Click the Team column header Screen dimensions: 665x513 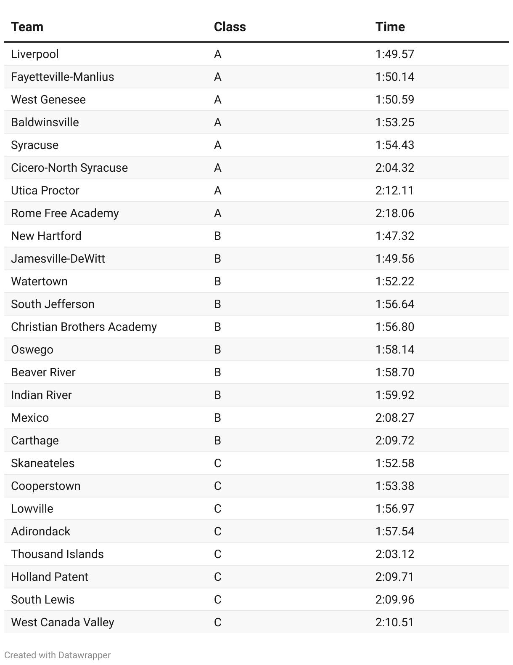pos(27,27)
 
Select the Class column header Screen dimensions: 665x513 pos(230,27)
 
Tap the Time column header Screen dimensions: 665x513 pos(390,27)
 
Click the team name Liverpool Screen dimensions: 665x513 pos(35,54)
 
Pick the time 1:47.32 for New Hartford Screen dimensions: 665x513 pos(394,236)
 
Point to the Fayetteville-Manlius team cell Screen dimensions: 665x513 pos(63,77)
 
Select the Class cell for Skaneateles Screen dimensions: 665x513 pos(217,463)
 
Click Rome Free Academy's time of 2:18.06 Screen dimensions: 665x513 pos(394,213)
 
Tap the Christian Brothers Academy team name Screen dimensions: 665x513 pos(84,327)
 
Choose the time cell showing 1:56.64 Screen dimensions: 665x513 pos(394,304)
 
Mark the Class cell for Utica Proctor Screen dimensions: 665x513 pos(217,191)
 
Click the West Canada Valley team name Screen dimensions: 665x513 pos(63,622)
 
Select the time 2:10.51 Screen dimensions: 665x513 pos(394,622)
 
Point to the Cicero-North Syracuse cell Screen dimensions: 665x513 pos(69,168)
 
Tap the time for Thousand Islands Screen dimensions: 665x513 pos(394,554)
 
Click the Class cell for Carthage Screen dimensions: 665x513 pos(217,441)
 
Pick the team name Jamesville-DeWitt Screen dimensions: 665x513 pos(58,259)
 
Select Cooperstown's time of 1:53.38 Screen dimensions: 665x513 pos(394,486)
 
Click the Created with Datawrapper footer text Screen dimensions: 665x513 pos(58,655)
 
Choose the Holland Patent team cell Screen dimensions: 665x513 pos(50,577)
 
